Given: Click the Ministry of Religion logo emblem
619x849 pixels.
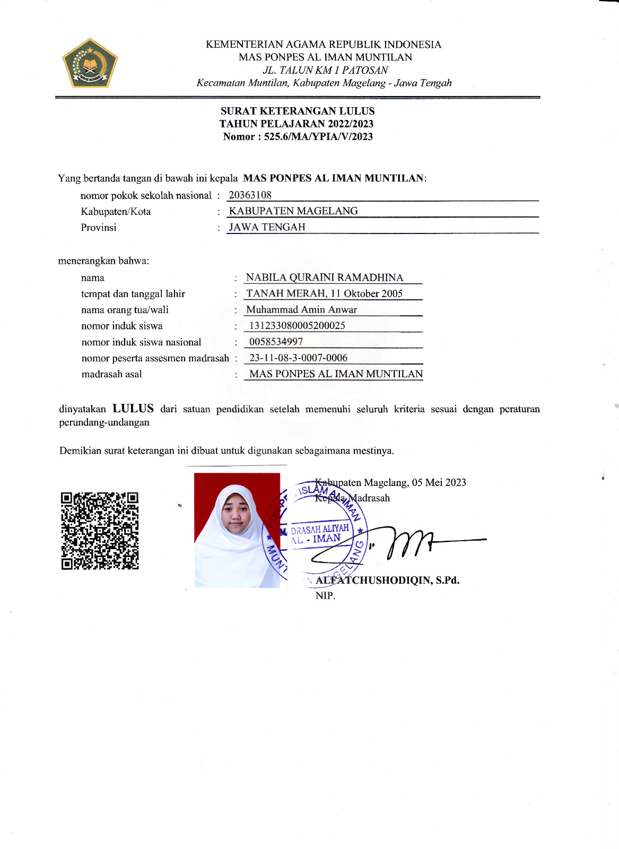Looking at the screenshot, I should pos(90,63).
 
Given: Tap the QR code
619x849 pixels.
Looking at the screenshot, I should pos(100,531).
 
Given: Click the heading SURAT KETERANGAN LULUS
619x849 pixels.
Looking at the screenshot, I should pos(298,111).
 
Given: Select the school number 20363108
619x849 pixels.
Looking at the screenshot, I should pos(250,195).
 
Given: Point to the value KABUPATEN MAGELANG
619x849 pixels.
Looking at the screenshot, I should pos(293,211).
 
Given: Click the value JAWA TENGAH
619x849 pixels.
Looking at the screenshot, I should pos(267,227).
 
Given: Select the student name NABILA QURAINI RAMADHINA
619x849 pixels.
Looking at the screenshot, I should pos(325,278).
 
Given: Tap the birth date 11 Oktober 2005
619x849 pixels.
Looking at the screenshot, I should pos(367,293).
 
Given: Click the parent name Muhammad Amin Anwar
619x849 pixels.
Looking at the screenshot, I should pos(301,309).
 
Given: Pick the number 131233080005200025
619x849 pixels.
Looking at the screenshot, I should pos(297,326).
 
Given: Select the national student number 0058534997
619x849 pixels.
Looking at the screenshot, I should pos(276,342).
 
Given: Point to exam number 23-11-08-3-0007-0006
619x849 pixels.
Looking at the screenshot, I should pos(298,358).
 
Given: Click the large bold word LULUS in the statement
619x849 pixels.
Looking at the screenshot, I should pos(133,409).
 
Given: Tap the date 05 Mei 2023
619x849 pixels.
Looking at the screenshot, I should pos(439,482).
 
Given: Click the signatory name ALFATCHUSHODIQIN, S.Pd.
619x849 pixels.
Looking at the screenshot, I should pos(387,580).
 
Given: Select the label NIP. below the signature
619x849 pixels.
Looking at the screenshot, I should pos(325,596).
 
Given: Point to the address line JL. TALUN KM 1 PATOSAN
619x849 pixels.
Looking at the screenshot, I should pos(325,70).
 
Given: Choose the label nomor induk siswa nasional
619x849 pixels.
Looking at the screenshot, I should pos(141,342).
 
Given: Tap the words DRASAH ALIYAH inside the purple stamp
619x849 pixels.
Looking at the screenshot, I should pos(320,529).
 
